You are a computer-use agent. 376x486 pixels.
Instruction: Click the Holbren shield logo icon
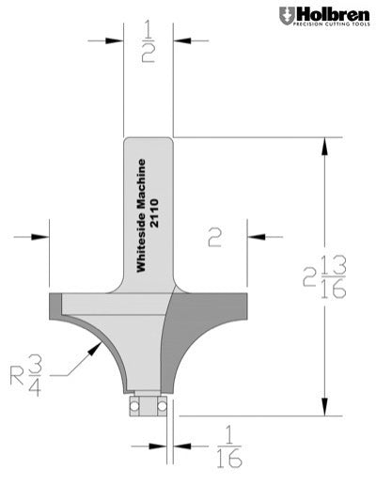[x=286, y=15]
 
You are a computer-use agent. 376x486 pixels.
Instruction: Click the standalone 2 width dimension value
[x=214, y=239]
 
